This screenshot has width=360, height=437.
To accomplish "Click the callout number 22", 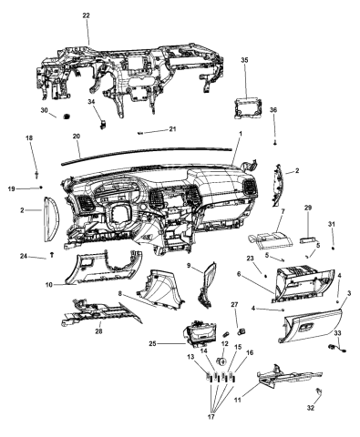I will pos(86,16).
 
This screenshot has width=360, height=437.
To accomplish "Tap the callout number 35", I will pos(244,59).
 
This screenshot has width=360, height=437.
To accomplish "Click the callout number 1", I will pos(239,134).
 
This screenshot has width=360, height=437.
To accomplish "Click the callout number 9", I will pos(189,265).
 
